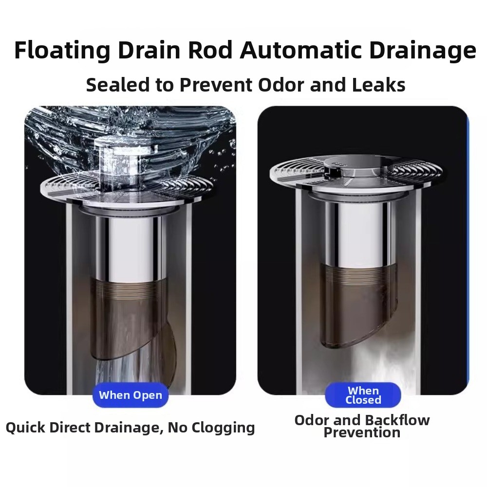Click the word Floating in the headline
click(62, 50)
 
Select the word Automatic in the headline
click(300, 50)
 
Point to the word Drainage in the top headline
click(422, 51)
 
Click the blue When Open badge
click(131, 395)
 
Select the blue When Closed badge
click(363, 395)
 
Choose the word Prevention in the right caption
click(362, 432)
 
